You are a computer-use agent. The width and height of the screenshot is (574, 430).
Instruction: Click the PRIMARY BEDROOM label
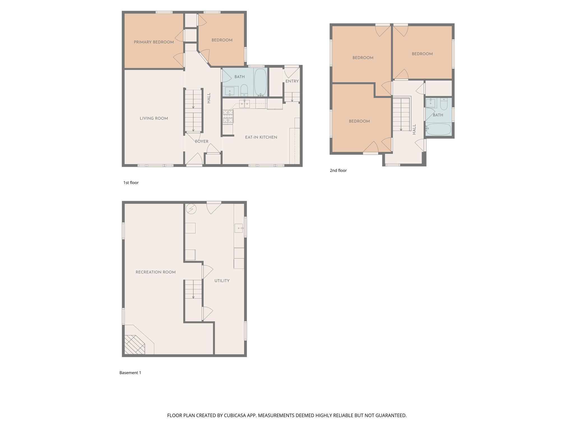coord(154,42)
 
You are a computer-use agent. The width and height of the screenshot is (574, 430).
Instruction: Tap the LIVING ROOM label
coord(154,118)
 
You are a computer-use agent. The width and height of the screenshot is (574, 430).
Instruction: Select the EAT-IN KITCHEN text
coord(261,137)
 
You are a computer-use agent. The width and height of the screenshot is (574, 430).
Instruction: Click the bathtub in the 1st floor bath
coord(260,82)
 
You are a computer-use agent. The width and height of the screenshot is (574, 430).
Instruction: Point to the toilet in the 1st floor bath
coord(244,90)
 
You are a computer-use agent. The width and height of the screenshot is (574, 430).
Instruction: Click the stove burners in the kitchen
coord(228,116)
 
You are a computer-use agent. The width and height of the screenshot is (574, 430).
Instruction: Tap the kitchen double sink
coord(244,104)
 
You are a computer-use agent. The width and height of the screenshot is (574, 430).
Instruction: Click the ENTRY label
coord(292,81)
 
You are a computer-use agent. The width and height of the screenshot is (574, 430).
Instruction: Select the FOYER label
coord(202,142)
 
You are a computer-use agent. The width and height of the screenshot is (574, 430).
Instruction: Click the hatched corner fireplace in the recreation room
coord(135,345)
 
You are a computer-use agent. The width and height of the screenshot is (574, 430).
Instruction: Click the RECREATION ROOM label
coord(156,272)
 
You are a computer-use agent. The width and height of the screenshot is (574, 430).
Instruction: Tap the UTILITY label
coord(222,281)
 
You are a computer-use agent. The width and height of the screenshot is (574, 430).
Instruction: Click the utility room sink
coord(239,228)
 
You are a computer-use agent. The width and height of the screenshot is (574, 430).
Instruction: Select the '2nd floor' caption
coord(338,170)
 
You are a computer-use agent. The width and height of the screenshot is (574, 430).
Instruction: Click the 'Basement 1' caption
coord(130,373)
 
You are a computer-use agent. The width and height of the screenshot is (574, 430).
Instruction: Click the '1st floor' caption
coord(131,183)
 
